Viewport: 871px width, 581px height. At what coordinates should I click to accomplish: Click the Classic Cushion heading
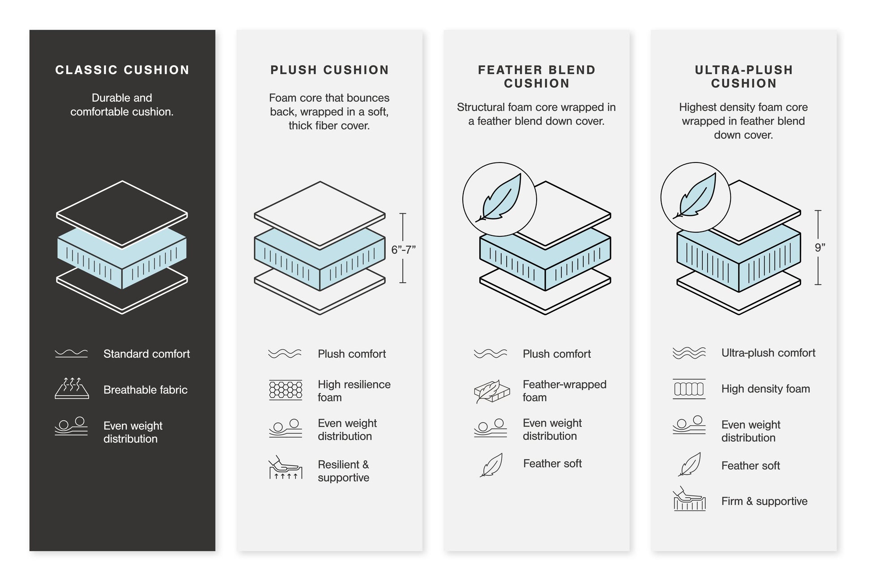122,70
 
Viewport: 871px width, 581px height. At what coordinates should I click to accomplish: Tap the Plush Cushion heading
329,70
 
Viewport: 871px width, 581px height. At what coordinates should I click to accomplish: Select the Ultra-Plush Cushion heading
743,77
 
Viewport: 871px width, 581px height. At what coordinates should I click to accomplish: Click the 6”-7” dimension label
403,250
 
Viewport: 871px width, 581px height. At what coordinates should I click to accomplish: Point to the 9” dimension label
820,248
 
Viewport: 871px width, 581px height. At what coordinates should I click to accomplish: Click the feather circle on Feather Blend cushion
500,199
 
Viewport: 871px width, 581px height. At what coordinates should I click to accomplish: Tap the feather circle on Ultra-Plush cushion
696,197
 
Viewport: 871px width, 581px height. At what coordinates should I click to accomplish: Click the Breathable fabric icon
72,388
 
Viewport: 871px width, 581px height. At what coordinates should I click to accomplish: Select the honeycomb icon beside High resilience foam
286,390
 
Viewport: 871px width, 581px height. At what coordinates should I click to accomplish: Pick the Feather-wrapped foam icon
491,391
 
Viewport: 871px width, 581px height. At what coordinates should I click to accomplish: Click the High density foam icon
689,389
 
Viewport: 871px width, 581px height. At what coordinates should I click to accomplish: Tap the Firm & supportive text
764,501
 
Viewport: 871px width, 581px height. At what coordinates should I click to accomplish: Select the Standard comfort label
146,354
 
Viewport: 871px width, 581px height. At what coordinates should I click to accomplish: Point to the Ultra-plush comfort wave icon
689,353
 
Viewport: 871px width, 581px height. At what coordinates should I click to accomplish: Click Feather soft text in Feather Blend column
552,464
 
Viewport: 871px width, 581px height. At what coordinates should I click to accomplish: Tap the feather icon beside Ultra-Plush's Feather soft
689,465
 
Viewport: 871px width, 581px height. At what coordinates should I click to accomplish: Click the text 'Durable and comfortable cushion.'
122,105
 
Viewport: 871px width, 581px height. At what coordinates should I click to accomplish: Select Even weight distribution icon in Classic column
72,426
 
